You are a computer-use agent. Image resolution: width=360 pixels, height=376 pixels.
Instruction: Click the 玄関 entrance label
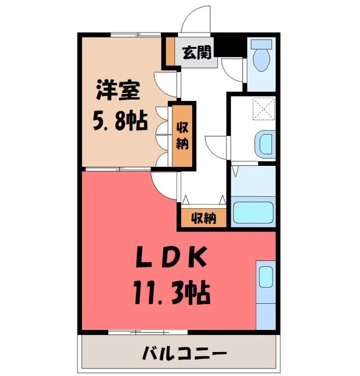pyautogui.click(x=196, y=53)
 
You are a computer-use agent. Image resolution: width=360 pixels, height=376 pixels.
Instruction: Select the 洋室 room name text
pyautogui.click(x=118, y=91)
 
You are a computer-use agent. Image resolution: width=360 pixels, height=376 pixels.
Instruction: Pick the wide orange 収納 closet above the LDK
pyautogui.click(x=203, y=218)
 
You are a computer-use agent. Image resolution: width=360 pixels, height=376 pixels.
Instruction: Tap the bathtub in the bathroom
pyautogui.click(x=254, y=213)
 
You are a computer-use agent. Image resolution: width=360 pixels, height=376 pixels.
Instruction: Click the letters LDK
pyautogui.click(x=172, y=258)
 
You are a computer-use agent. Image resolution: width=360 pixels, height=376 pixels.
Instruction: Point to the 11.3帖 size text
pyautogui.click(x=172, y=292)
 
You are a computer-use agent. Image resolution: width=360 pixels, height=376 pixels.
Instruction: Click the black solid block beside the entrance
pyautogui.click(x=232, y=46)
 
